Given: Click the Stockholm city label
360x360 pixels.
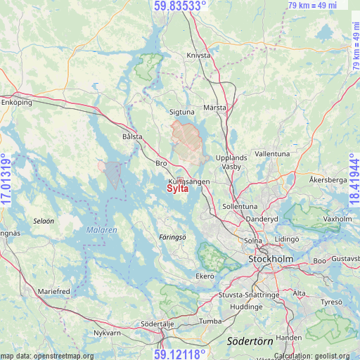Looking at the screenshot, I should click(x=271, y=259).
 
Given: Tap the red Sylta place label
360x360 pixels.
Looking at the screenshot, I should click(x=178, y=188).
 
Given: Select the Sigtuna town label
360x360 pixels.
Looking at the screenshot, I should click(x=183, y=112).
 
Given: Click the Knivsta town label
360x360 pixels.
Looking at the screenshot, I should click(x=199, y=54).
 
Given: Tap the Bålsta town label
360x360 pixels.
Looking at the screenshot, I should click(x=132, y=136).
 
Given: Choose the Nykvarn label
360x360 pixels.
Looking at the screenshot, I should click(x=107, y=334).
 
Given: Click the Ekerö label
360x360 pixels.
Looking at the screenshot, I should click(x=205, y=276).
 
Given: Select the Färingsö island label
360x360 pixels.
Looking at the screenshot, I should click(x=172, y=237).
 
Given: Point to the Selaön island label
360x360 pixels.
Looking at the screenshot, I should click(x=44, y=221).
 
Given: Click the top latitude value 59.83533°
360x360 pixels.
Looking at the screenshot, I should click(x=180, y=6).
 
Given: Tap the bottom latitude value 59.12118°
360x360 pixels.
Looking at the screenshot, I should click(x=180, y=353).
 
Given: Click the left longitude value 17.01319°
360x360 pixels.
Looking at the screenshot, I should click(x=6, y=180).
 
